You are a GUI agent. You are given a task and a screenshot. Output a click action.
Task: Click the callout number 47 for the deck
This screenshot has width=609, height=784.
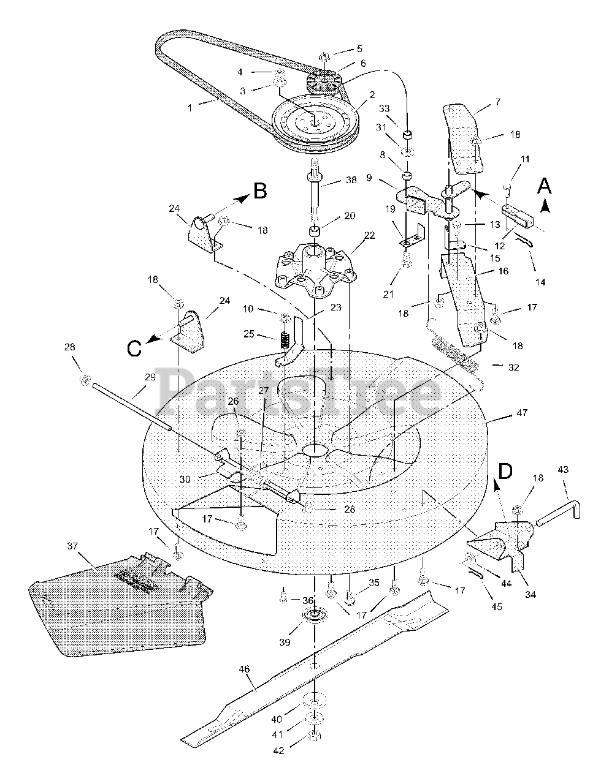tap(521, 413)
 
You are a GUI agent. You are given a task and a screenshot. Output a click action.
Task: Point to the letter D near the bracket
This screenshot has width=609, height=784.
tap(504, 472)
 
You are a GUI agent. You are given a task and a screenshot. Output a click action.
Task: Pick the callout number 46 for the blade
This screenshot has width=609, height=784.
tap(245, 671)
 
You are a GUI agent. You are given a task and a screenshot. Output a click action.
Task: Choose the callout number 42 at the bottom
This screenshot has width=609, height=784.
tap(279, 751)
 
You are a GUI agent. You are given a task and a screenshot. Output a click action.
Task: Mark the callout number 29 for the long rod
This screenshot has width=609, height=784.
tap(150, 378)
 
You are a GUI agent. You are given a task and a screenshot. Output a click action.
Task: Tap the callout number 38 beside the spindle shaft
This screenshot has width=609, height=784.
tap(350, 181)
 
